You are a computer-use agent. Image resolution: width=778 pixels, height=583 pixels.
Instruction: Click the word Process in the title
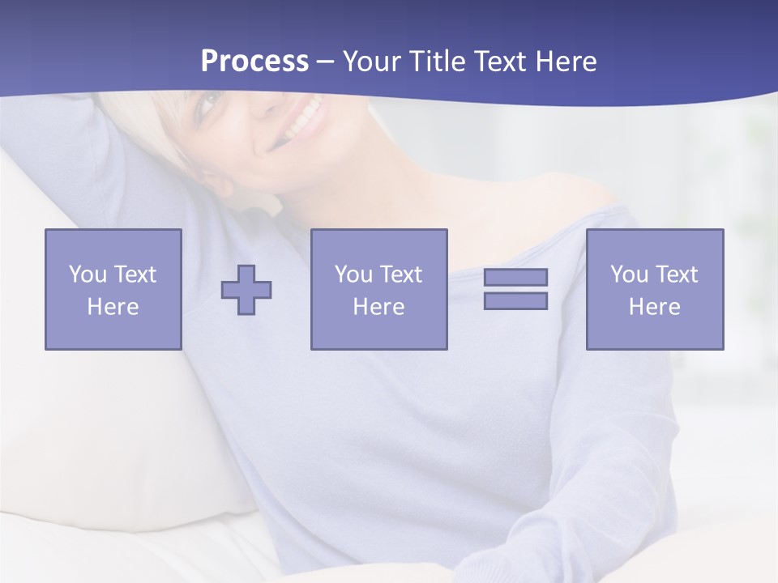(254, 62)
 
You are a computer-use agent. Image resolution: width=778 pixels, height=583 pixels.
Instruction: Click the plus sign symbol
(246, 290)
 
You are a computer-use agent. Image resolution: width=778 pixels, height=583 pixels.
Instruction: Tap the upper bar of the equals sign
(515, 277)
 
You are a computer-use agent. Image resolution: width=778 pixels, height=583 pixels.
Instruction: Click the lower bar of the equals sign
(515, 300)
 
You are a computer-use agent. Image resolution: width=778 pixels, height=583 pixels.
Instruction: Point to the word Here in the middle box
(378, 307)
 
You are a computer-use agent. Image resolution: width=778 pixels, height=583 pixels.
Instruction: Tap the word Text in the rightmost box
(677, 274)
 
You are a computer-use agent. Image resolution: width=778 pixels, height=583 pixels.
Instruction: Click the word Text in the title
(502, 62)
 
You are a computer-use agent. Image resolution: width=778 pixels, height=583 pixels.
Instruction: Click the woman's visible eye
(208, 103)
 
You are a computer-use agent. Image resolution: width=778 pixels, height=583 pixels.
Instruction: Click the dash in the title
(326, 62)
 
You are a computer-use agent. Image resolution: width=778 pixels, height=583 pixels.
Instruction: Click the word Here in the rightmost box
(655, 307)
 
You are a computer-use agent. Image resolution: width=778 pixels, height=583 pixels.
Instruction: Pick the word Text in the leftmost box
(135, 274)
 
